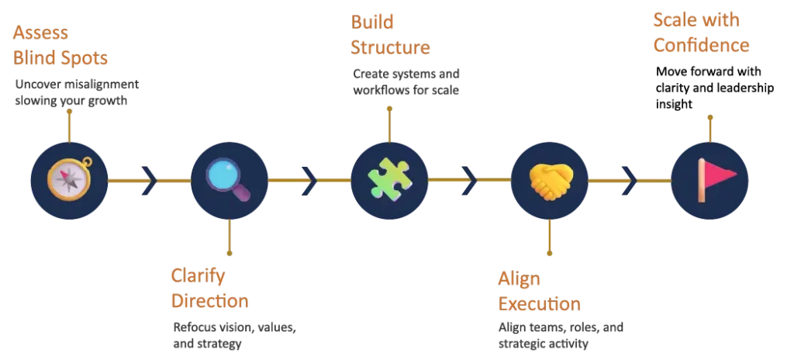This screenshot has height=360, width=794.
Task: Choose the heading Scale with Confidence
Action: coord(701,33)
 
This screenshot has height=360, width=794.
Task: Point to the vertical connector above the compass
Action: coord(69,124)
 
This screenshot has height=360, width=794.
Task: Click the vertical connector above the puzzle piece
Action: coord(388,121)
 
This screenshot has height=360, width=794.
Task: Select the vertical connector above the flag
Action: coord(709,126)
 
